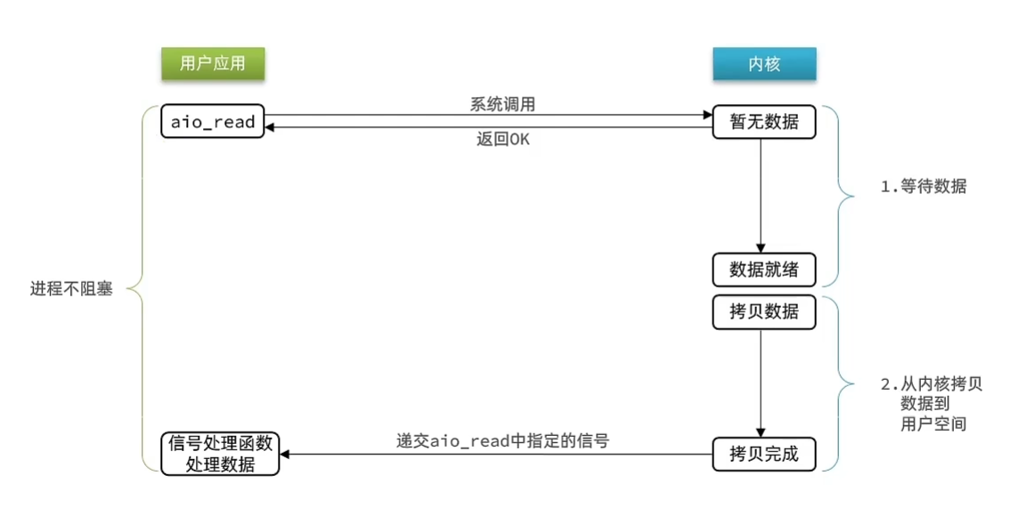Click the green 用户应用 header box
coord(213,64)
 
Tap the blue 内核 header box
coord(764,64)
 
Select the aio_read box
coord(214,122)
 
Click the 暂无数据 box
coord(764,122)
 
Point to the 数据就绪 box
coord(764,268)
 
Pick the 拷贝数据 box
coord(764,312)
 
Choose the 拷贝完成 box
coord(764,455)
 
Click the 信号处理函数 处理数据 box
coord(221,454)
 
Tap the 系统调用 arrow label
coord(502,104)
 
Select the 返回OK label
coord(502,140)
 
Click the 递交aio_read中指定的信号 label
coord(502,440)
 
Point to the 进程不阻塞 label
coord(71,289)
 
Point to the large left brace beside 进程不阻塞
coord(141,288)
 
